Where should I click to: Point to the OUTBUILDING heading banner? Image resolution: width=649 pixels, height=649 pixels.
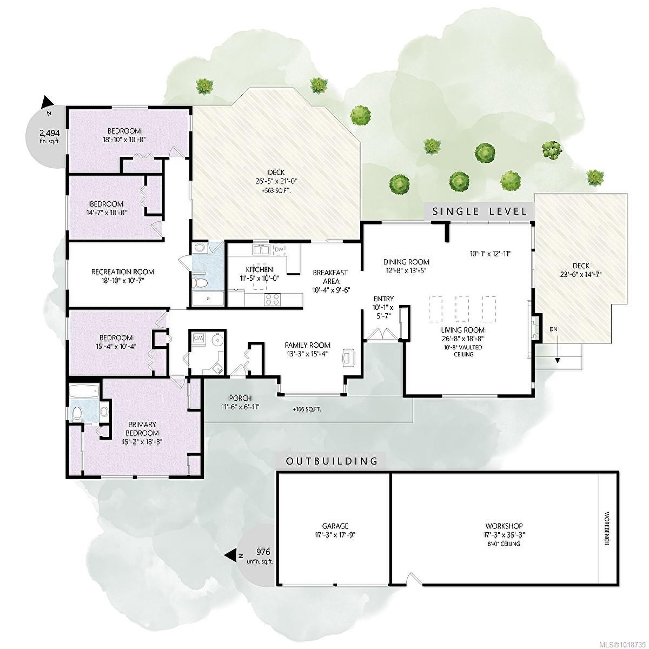(332, 461)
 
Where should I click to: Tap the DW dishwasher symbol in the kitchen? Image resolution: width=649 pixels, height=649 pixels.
(279, 249)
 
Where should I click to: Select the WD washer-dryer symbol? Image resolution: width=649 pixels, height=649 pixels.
(199, 338)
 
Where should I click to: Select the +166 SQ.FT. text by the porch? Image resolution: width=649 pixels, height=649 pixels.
(307, 409)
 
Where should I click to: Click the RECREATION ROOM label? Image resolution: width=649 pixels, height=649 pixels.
(122, 272)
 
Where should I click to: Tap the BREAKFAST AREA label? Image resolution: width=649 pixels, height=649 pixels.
(330, 277)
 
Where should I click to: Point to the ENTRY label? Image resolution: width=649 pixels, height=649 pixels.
(383, 299)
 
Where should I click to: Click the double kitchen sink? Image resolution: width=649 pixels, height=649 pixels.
(261, 249)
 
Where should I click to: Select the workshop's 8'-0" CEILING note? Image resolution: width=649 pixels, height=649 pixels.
(504, 544)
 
